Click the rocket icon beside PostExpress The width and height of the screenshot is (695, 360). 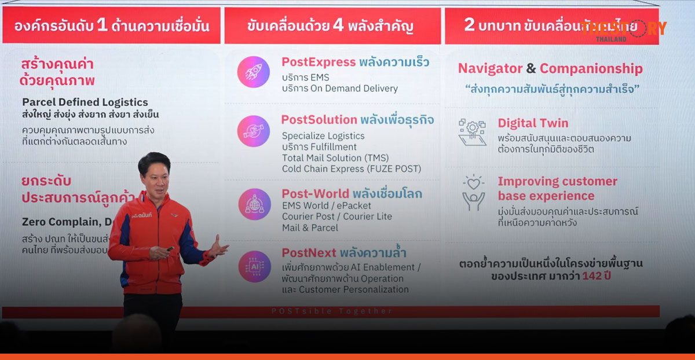(254, 72)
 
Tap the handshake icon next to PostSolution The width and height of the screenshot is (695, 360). (254, 131)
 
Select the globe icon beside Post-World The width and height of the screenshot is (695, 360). (254, 204)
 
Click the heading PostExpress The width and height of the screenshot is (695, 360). (318, 62)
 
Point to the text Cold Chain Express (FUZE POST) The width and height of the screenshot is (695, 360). (352, 169)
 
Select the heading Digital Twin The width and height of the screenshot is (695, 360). (533, 123)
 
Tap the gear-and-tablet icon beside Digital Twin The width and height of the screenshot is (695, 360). (472, 132)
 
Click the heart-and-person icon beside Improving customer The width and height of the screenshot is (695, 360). (473, 193)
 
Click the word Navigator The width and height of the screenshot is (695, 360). (490, 69)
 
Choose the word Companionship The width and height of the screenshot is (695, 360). (591, 69)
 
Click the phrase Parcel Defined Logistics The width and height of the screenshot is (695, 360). (85, 102)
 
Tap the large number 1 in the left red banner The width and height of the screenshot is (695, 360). (101, 25)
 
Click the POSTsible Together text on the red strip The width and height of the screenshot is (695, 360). (332, 311)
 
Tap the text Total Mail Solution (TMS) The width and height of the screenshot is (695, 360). (335, 158)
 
